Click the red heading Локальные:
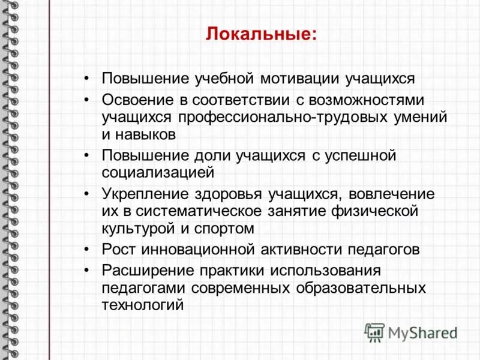[261, 33]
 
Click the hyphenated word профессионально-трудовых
[265, 116]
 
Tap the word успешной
[362, 155]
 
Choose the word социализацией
[158, 173]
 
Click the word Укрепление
[143, 194]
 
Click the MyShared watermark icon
[374, 331]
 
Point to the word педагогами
[144, 287]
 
